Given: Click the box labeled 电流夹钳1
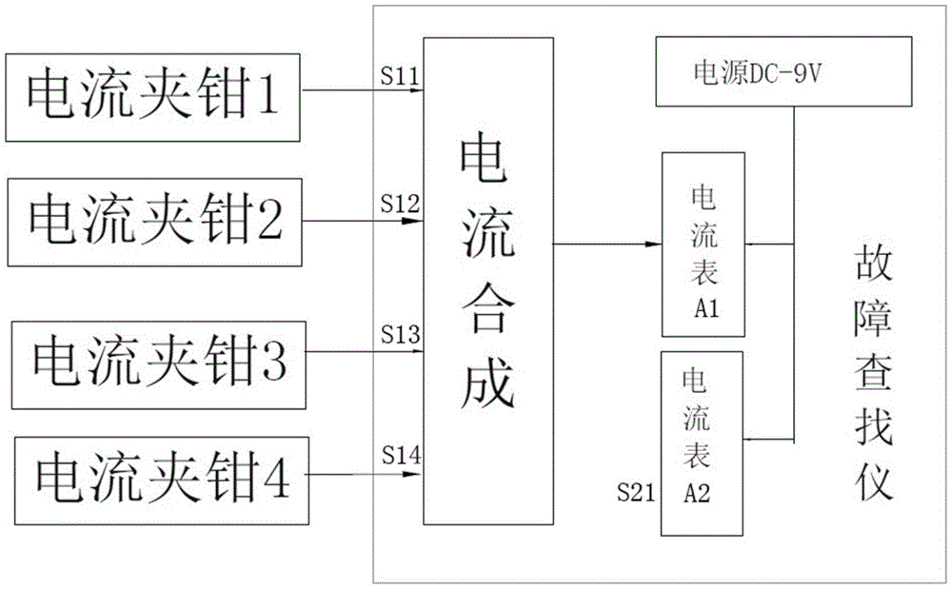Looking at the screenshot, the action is click(152, 98).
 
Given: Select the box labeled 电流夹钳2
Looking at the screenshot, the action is click(154, 222).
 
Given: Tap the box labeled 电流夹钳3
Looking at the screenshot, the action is click(158, 365).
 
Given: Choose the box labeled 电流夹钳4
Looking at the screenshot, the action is click(162, 481).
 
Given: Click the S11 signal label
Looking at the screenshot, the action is click(400, 76).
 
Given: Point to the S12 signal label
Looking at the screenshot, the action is click(400, 204).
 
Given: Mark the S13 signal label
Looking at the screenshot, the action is click(401, 334).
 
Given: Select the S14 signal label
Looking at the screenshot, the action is click(402, 454).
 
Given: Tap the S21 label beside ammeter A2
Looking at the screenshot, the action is click(636, 493).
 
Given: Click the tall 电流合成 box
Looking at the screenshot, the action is click(488, 281).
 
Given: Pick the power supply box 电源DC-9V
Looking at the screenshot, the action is click(783, 71).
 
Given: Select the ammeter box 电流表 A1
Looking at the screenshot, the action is click(704, 245).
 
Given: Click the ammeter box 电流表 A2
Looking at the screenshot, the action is click(702, 443).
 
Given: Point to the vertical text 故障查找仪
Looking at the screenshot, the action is click(873, 373).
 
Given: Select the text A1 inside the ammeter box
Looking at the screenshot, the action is click(706, 309).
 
